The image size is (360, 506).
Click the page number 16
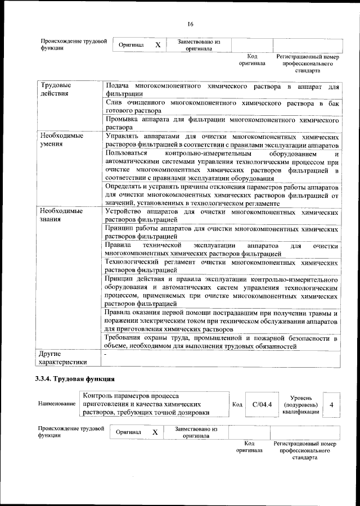pos(190,23)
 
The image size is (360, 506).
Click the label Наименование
pos(56,404)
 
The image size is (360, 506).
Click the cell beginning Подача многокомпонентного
pos(222,89)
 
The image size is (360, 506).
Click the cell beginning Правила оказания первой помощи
pos(222,320)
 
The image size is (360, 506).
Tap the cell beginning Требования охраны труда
pos(222,342)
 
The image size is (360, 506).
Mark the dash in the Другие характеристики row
pos(105,355)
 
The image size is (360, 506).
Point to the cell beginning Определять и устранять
pos(222,195)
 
